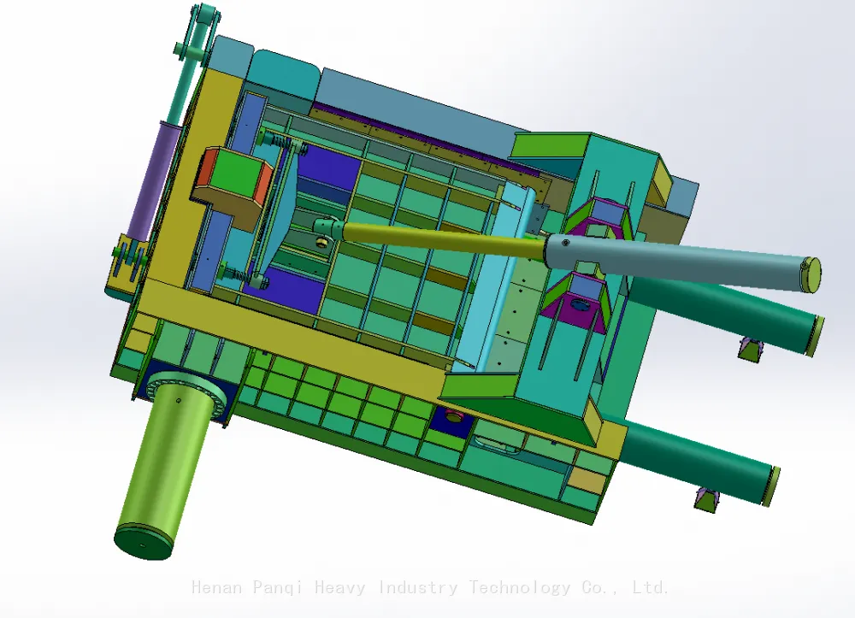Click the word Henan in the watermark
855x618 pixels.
click(216, 587)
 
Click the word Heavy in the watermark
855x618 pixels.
click(339, 588)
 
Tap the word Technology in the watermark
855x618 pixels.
click(519, 588)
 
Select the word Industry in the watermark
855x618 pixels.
click(417, 588)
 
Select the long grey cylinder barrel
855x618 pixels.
click(681, 262)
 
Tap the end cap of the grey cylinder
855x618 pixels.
click(811, 274)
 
